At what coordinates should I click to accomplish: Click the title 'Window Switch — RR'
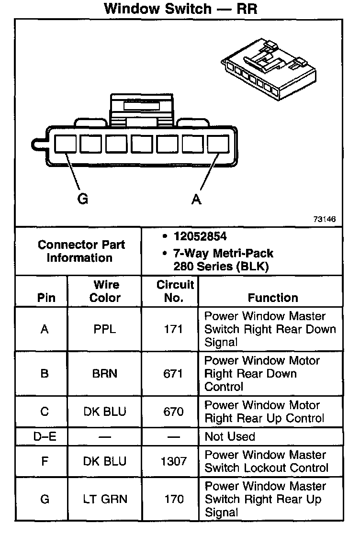click(x=180, y=9)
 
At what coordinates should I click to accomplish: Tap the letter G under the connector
click(x=83, y=199)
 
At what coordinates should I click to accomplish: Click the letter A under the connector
click(x=196, y=199)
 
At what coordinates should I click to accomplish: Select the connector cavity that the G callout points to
click(x=64, y=144)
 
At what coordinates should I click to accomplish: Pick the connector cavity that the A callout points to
click(x=218, y=144)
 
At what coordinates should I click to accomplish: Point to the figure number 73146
click(x=324, y=220)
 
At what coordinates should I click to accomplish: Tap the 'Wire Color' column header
click(x=105, y=291)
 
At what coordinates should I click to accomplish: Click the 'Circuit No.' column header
click(x=175, y=291)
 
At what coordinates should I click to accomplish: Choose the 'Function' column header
click(x=273, y=298)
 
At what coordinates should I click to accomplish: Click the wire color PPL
click(x=105, y=329)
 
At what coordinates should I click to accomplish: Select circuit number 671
click(x=173, y=374)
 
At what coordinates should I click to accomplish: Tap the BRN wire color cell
click(x=105, y=374)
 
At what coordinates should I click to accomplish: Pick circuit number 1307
click(x=173, y=461)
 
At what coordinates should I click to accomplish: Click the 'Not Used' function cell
click(x=230, y=436)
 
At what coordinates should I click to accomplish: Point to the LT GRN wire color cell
click(x=105, y=500)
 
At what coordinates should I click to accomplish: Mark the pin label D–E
click(x=44, y=436)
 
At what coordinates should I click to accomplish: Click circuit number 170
click(x=173, y=500)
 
